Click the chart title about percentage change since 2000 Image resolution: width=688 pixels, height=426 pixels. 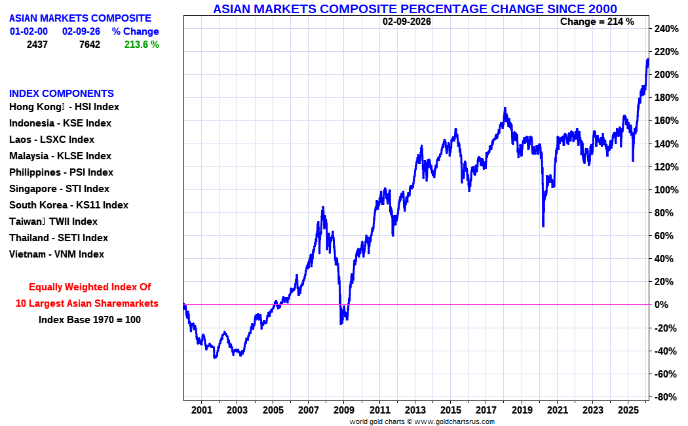click(x=415, y=9)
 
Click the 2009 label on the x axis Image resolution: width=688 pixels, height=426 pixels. click(x=344, y=410)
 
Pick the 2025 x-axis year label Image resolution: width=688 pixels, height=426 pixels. click(x=628, y=410)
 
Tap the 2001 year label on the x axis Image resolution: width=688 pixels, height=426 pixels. click(x=202, y=410)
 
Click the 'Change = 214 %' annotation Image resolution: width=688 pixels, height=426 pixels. click(x=597, y=22)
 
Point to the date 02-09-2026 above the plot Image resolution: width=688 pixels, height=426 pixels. click(x=406, y=22)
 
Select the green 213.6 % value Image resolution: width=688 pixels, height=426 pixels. click(x=142, y=45)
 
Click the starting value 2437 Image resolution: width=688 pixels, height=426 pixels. click(x=37, y=45)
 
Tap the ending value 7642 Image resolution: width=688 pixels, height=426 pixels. click(x=89, y=45)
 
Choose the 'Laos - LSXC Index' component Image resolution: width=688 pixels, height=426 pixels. click(x=52, y=140)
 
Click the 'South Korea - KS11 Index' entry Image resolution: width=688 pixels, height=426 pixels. click(x=69, y=205)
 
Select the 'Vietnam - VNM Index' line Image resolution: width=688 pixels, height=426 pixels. click(x=56, y=254)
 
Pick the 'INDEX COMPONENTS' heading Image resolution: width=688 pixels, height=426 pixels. click(x=62, y=94)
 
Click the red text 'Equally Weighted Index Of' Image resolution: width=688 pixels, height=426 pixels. click(x=90, y=287)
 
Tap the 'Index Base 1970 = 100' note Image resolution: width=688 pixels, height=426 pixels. click(x=90, y=320)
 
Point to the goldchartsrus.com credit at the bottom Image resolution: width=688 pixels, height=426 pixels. click(x=422, y=421)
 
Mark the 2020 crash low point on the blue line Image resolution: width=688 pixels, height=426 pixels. click(x=543, y=226)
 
